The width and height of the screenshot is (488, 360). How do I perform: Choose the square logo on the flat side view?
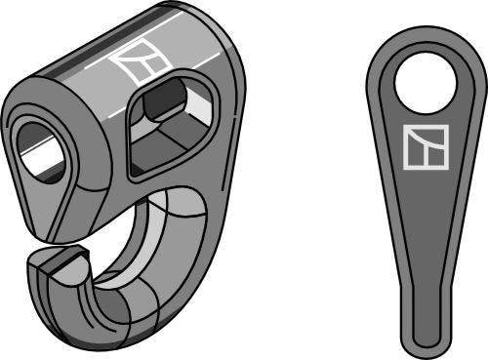(426, 147)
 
